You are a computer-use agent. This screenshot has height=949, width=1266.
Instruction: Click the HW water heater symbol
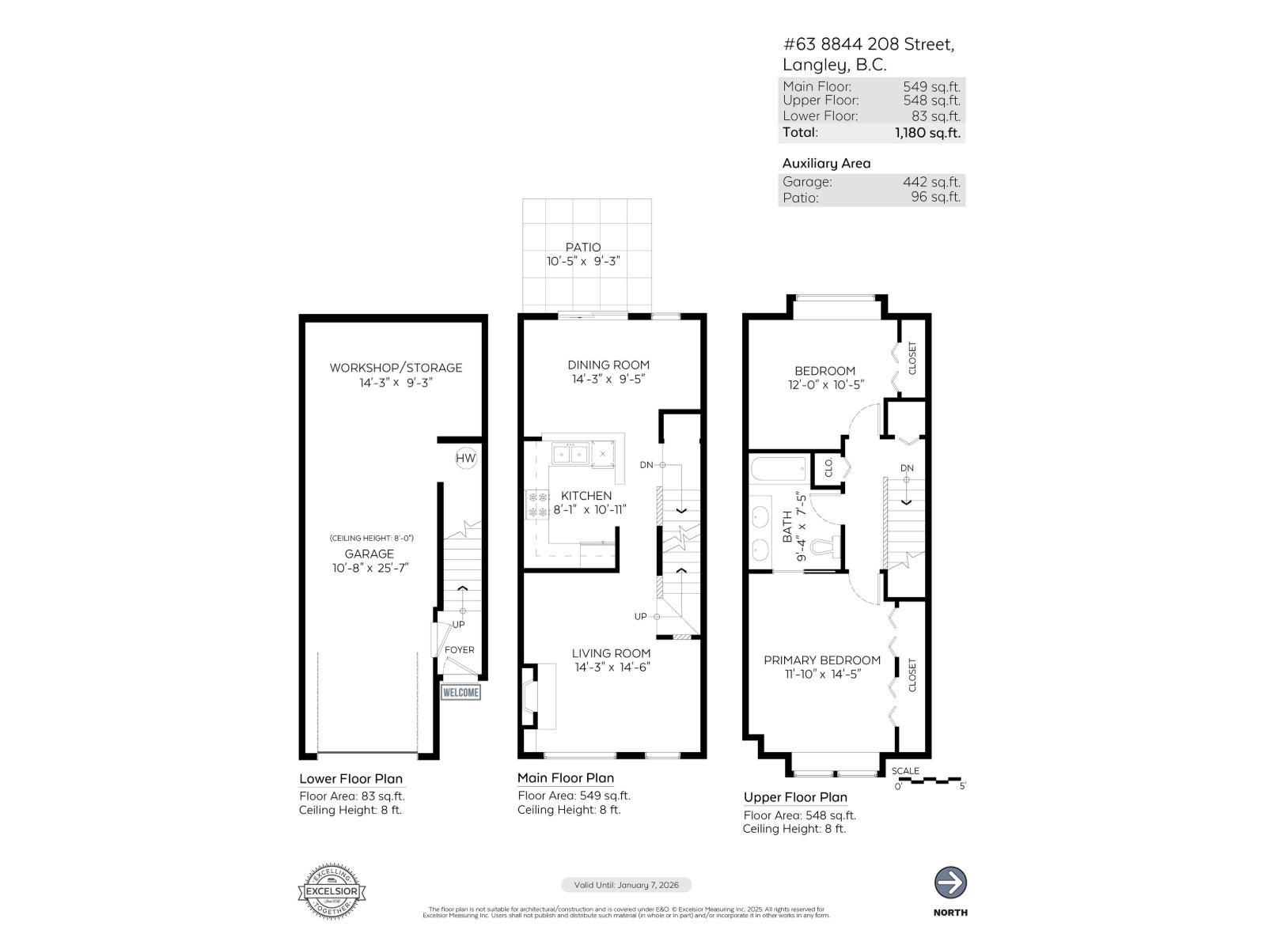click(466, 458)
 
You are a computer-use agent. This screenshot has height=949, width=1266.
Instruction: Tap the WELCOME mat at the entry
click(461, 693)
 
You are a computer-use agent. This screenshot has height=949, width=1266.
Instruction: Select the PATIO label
click(583, 248)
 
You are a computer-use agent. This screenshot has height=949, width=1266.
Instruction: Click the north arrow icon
click(950, 883)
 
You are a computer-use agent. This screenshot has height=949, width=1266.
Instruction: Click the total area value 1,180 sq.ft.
click(927, 133)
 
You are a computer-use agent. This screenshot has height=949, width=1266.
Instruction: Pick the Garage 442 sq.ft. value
click(931, 182)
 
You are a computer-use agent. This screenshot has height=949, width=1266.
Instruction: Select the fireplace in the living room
click(529, 696)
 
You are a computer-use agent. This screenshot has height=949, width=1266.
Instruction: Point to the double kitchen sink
click(570, 454)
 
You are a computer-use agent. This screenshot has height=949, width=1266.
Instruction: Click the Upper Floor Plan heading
click(795, 797)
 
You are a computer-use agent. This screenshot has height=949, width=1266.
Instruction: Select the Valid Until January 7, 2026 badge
click(626, 885)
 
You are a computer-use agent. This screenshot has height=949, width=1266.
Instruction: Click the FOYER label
click(460, 650)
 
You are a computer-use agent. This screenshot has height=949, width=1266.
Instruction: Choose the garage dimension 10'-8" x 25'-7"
click(370, 568)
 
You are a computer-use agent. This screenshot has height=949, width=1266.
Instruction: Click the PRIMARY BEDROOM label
click(821, 660)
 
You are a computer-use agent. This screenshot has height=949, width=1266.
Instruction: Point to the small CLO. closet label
click(828, 467)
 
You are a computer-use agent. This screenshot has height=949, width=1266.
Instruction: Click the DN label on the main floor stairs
click(646, 465)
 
